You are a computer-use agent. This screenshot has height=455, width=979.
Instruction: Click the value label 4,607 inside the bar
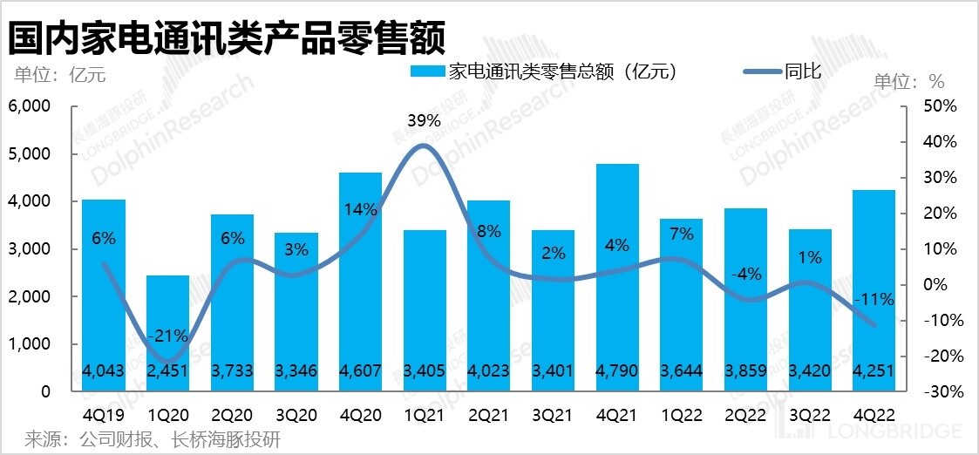point(360,370)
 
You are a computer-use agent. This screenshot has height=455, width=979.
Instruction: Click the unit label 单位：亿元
point(59,74)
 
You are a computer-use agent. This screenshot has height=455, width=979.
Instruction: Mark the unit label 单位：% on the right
point(909,81)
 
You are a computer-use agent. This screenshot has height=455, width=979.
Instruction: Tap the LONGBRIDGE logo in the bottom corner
point(898,430)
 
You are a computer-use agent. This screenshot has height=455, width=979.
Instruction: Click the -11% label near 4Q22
point(874,300)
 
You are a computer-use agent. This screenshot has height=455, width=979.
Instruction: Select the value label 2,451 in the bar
point(167,370)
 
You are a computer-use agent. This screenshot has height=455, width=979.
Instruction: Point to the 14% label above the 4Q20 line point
point(360,209)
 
